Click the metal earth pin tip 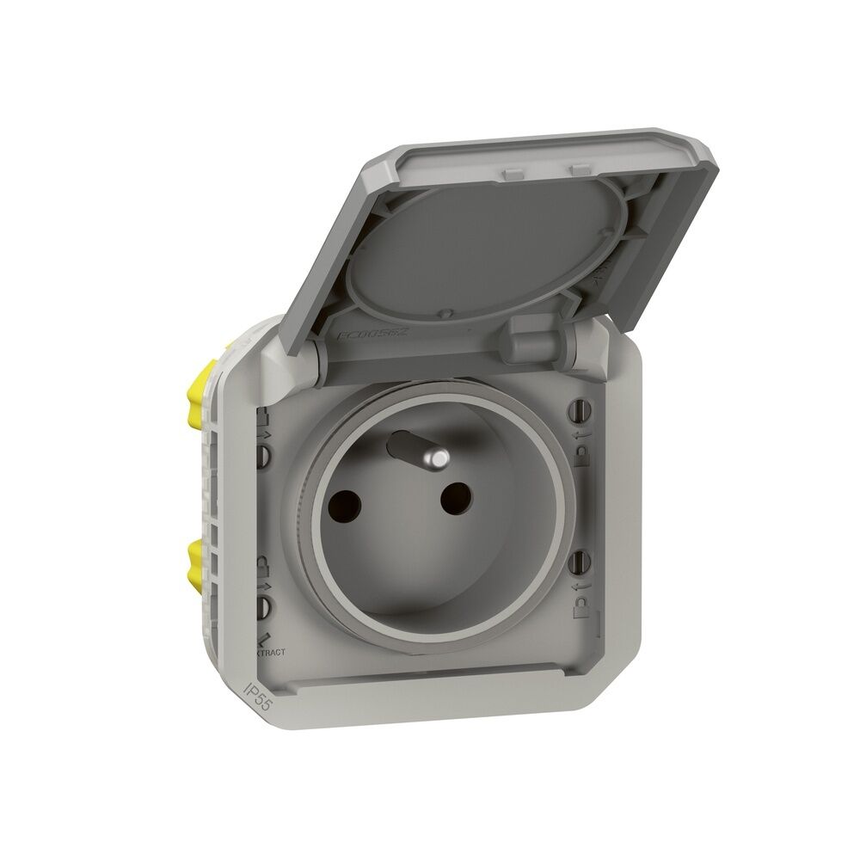438,460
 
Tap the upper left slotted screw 264,453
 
